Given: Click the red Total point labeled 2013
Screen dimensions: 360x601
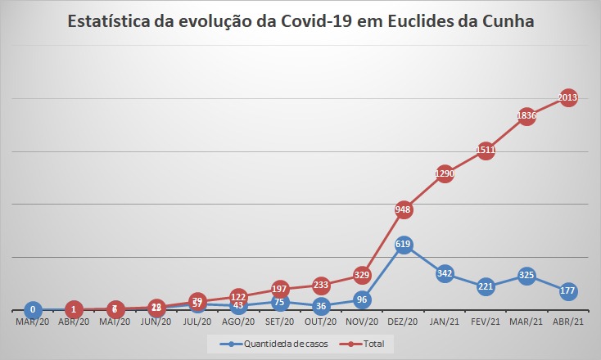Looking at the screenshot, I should [567, 97].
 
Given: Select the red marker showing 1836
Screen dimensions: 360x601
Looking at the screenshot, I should [526, 115].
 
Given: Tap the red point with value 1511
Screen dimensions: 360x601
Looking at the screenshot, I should [486, 150].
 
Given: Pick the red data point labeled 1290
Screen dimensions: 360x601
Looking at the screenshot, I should [445, 173].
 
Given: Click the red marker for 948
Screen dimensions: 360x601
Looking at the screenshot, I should [403, 209].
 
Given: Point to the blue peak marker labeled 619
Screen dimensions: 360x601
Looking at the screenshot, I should [403, 244].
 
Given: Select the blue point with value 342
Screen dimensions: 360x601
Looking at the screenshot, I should [445, 273].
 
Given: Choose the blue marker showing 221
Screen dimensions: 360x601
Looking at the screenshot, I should [486, 286].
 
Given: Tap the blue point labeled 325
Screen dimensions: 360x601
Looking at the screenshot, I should [526, 276].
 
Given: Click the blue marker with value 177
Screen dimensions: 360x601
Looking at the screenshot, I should [567, 290].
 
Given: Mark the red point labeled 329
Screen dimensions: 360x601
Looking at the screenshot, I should [362, 275].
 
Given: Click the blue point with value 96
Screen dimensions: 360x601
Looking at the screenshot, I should [362, 299].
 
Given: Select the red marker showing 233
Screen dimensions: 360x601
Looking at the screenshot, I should [321, 285].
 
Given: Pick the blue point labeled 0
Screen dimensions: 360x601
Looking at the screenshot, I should [33, 310].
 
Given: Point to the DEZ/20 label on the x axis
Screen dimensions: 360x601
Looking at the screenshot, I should [403, 322].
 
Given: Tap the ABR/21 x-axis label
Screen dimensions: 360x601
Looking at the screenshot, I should [567, 322].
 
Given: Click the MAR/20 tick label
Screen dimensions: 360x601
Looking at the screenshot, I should [33, 322].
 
